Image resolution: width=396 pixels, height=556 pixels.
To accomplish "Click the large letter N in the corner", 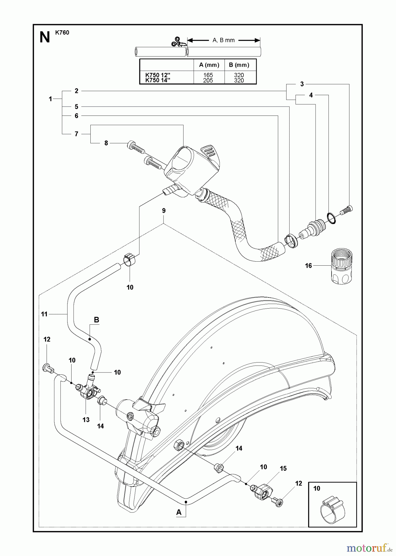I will pyautogui.click(x=45, y=37).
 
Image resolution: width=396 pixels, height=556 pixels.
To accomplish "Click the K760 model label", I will pyautogui.click(x=62, y=32).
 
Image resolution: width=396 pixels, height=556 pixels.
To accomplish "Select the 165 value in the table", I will pyautogui.click(x=208, y=75).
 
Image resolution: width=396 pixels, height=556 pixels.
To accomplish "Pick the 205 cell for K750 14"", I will pyautogui.click(x=208, y=81).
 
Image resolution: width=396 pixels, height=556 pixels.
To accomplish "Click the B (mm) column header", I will pyautogui.click(x=239, y=65).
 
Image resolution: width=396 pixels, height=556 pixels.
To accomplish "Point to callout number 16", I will pyautogui.click(x=308, y=266).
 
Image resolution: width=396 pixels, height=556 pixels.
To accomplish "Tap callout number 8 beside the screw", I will pyautogui.click(x=106, y=143).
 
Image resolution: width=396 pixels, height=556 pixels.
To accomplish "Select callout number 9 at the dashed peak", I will pyautogui.click(x=164, y=211).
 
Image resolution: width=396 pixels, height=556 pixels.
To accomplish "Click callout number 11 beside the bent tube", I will pyautogui.click(x=44, y=314).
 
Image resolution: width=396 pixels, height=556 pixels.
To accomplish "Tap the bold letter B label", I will pyautogui.click(x=96, y=320).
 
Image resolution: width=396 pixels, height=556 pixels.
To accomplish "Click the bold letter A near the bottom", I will pyautogui.click(x=179, y=512).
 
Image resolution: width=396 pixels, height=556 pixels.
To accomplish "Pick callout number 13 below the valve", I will pyautogui.click(x=86, y=419).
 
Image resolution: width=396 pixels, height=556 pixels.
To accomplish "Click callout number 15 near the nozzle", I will pyautogui.click(x=283, y=469).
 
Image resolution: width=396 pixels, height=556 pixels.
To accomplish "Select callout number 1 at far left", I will pyautogui.click(x=50, y=99).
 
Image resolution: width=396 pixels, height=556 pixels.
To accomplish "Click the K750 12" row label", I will pyautogui.click(x=158, y=75).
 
